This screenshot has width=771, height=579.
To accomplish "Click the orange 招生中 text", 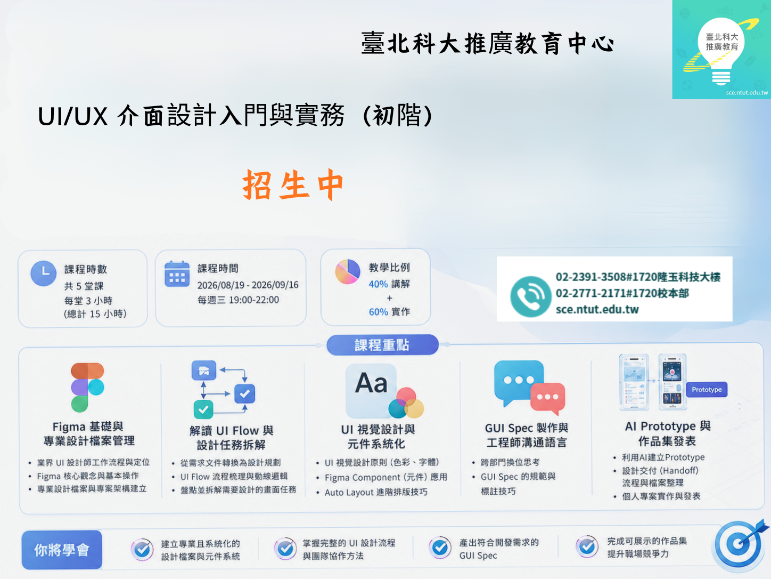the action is [x=293, y=184].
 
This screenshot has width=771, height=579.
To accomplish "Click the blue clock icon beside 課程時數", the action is [x=44, y=273].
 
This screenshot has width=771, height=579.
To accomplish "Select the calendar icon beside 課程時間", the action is [x=177, y=274].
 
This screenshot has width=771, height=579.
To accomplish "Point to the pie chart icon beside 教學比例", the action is [x=347, y=271].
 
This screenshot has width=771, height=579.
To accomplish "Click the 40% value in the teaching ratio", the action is [x=378, y=284].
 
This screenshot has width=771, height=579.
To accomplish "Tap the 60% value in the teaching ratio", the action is [x=378, y=312].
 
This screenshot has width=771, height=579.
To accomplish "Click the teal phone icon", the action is [x=530, y=296].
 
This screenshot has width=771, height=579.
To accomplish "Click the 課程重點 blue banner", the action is [x=382, y=345].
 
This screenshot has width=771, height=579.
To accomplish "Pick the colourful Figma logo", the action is [x=87, y=388].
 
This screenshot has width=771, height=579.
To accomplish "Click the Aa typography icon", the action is [x=371, y=390].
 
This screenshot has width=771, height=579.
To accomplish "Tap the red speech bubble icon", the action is [x=547, y=398].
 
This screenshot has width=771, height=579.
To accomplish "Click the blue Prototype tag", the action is [x=707, y=390].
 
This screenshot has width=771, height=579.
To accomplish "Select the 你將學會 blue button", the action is [x=62, y=550].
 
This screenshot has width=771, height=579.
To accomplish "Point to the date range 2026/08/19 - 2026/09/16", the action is [x=248, y=285].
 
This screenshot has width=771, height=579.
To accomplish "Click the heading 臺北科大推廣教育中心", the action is [x=488, y=43].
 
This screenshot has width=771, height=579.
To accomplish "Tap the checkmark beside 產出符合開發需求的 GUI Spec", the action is [x=439, y=548].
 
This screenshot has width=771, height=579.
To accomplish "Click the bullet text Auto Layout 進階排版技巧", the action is [x=376, y=492].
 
